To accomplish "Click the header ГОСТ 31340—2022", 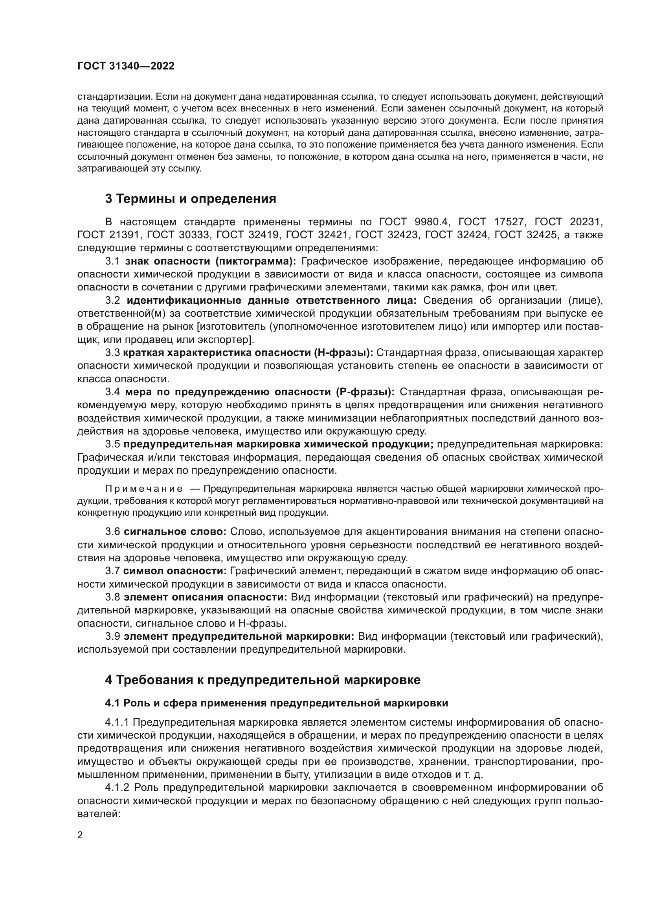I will pyautogui.click(x=126, y=66).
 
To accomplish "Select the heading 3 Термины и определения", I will pyautogui.click(x=191, y=199).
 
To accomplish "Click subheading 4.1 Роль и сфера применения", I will pyautogui.click(x=277, y=703).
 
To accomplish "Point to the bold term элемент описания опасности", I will pyautogui.click(x=206, y=597).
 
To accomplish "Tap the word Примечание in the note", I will pyautogui.click(x=144, y=489).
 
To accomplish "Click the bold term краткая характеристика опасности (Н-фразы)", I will pyautogui.click(x=248, y=353).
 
